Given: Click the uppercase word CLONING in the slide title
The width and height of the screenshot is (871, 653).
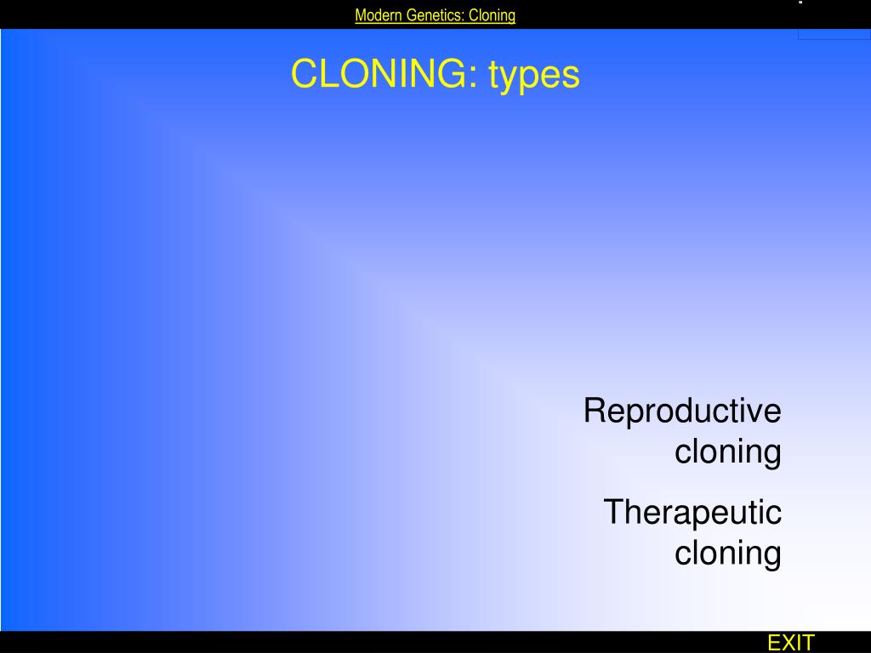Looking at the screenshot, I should point(377,74).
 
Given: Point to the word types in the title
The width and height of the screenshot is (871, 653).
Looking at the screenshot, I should point(534,76).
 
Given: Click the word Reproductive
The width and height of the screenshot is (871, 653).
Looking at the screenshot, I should point(682,412).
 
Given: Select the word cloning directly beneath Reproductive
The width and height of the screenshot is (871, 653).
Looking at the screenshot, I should point(728,451).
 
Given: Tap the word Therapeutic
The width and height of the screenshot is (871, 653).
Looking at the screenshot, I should point(692,513).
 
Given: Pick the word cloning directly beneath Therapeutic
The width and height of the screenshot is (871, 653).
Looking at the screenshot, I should point(728,553).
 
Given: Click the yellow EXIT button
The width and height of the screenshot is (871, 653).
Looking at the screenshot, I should point(791,643).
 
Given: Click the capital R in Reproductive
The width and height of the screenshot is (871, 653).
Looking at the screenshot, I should point(595,412).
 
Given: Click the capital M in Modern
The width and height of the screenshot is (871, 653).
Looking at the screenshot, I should point(360,15).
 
